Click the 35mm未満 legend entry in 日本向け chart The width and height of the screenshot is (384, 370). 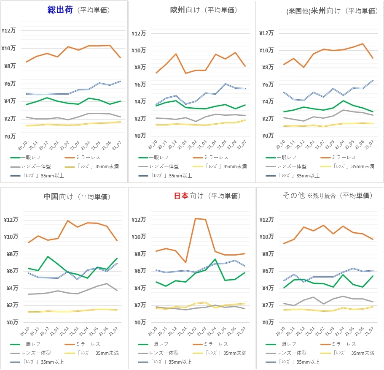(222, 353)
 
